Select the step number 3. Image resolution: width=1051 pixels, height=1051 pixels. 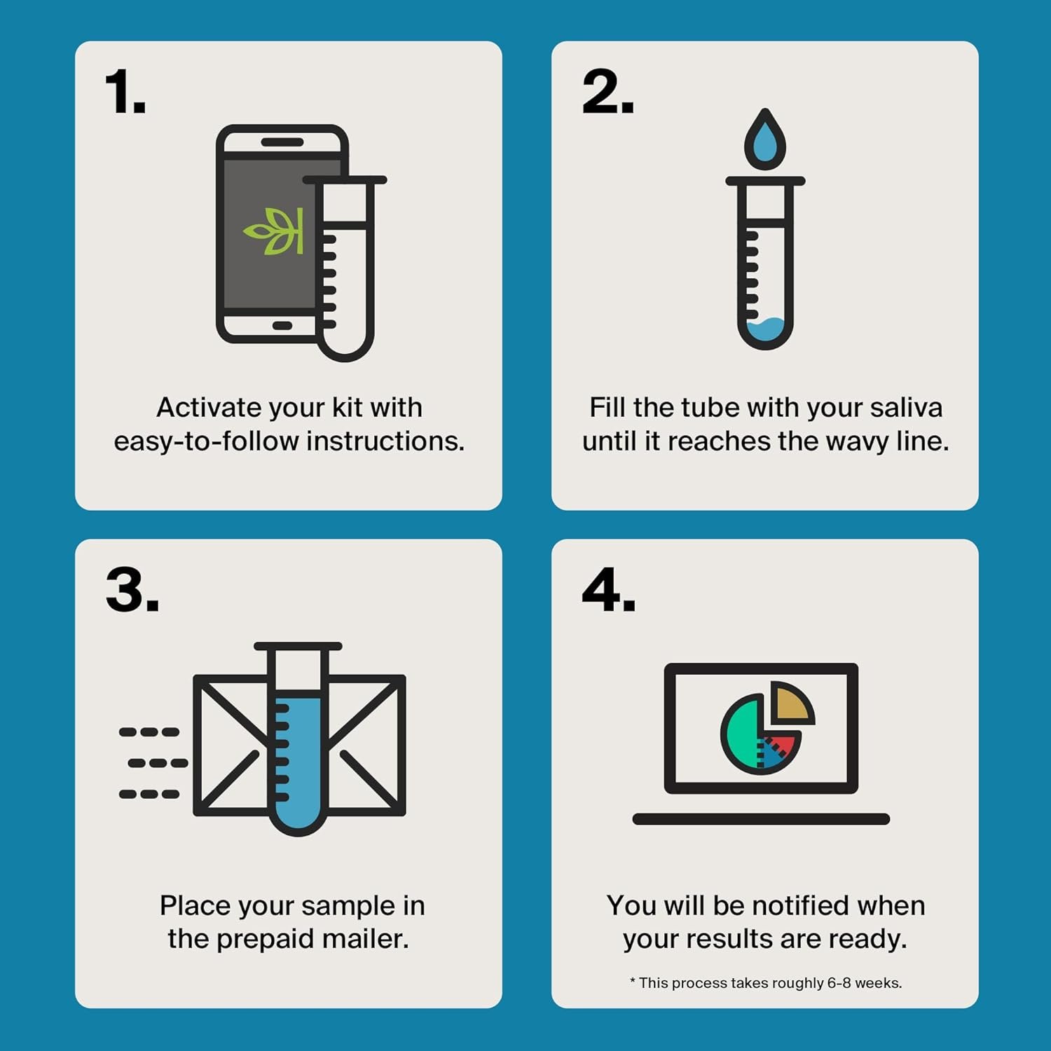[x=132, y=590]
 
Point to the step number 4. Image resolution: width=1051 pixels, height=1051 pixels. [x=608, y=590]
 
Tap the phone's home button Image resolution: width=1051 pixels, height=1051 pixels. [x=282, y=326]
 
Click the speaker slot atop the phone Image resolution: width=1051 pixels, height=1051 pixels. [x=282, y=142]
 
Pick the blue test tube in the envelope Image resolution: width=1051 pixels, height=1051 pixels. [x=298, y=757]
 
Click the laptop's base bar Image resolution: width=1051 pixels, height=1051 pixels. [x=761, y=819]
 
